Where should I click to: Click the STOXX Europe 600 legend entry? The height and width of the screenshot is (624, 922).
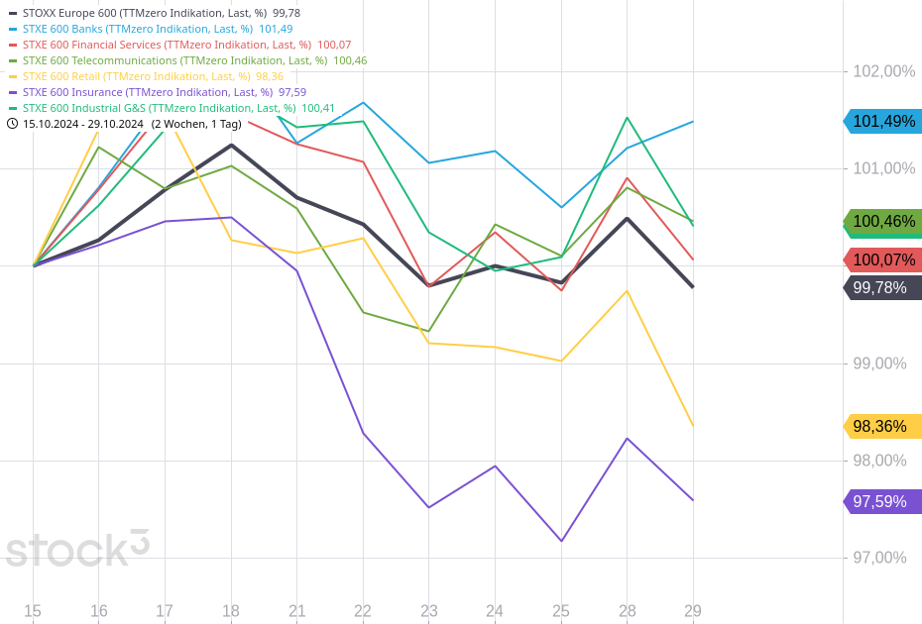click(x=154, y=13)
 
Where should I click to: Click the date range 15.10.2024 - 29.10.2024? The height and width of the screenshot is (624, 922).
click(x=83, y=124)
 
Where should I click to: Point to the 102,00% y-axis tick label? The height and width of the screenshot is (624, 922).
click(x=884, y=71)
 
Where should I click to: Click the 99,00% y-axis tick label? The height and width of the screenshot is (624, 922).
click(x=880, y=364)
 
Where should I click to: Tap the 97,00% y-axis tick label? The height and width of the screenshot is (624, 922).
click(x=880, y=558)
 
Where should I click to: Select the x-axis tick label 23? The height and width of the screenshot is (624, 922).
click(x=429, y=611)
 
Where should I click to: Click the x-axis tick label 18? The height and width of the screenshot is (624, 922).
click(x=231, y=611)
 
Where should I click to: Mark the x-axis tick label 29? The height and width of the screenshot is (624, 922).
click(x=693, y=611)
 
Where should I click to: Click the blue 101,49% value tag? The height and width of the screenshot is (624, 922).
click(x=883, y=122)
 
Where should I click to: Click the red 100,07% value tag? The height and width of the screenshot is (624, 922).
click(x=883, y=260)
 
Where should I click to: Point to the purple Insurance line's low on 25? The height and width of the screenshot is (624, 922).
click(x=561, y=541)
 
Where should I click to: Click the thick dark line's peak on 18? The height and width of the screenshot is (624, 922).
click(x=231, y=146)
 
